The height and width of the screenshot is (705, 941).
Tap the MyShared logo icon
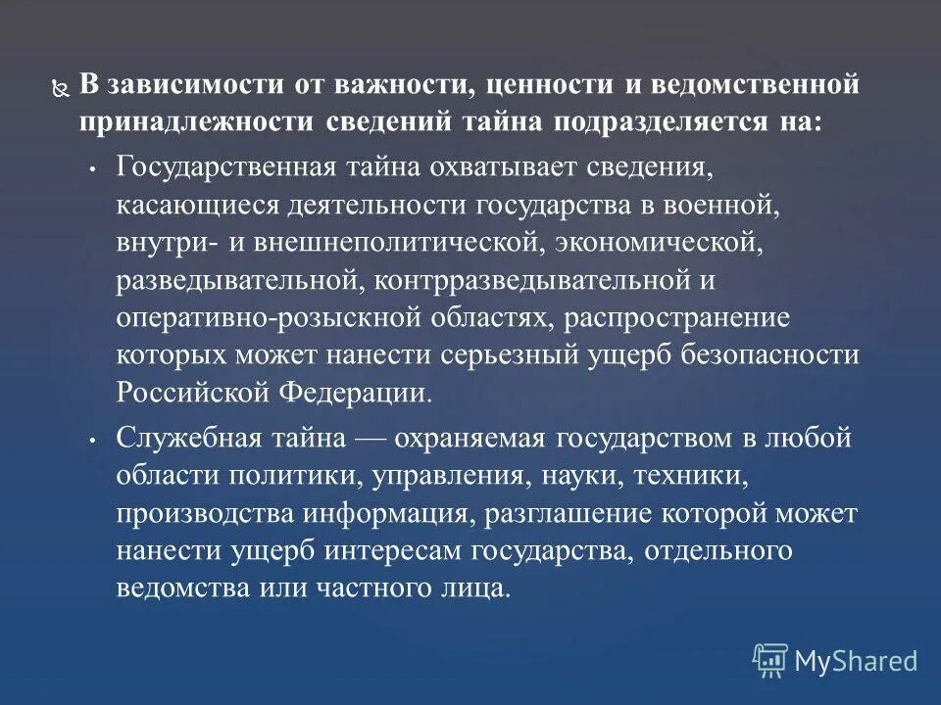tap(770, 661)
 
